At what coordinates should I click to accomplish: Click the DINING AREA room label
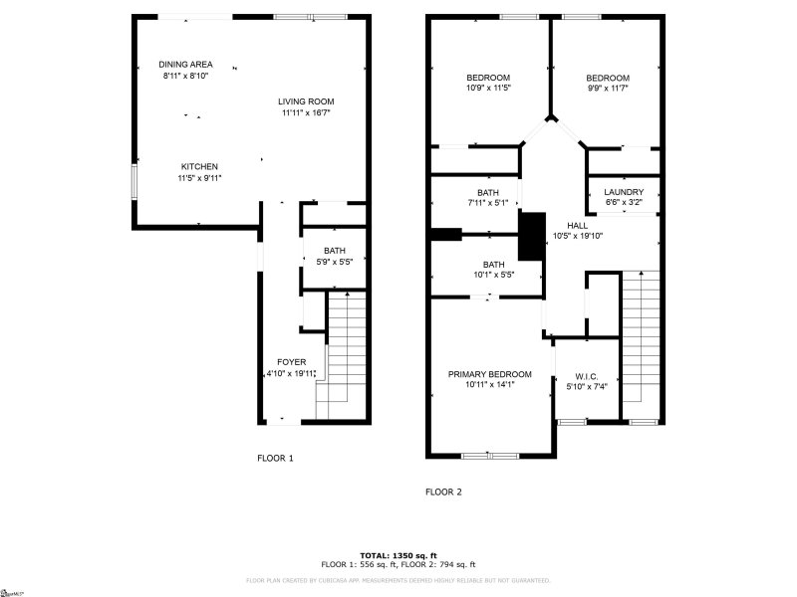(x=186, y=65)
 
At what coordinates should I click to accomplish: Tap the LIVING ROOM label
(x=305, y=101)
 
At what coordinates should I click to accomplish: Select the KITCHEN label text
(x=199, y=167)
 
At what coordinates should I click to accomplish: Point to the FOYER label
(x=291, y=362)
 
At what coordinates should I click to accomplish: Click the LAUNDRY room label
(x=625, y=192)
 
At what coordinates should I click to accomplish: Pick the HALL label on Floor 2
(x=578, y=226)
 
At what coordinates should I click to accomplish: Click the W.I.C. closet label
(x=587, y=375)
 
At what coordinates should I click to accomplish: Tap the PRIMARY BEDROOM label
(x=489, y=374)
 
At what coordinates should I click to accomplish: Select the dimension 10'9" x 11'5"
(x=488, y=89)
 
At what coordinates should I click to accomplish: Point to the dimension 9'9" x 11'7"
(x=607, y=89)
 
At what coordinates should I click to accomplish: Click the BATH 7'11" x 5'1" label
(x=487, y=193)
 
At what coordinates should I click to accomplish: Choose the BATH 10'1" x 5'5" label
(x=492, y=265)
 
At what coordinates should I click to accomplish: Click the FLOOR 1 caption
(x=276, y=459)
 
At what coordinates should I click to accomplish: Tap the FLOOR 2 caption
(x=443, y=492)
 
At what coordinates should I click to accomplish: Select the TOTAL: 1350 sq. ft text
(x=398, y=555)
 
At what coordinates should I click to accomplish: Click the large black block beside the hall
(x=532, y=237)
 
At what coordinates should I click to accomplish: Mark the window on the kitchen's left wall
(x=134, y=182)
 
